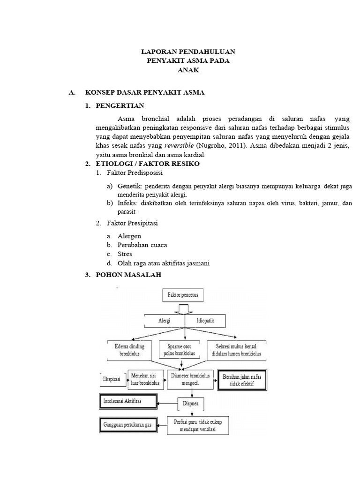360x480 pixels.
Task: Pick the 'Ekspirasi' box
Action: coord(112,377)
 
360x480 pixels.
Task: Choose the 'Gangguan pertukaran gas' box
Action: coord(127,426)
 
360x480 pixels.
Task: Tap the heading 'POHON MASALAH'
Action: coord(128,275)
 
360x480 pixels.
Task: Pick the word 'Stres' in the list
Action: coord(125,254)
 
